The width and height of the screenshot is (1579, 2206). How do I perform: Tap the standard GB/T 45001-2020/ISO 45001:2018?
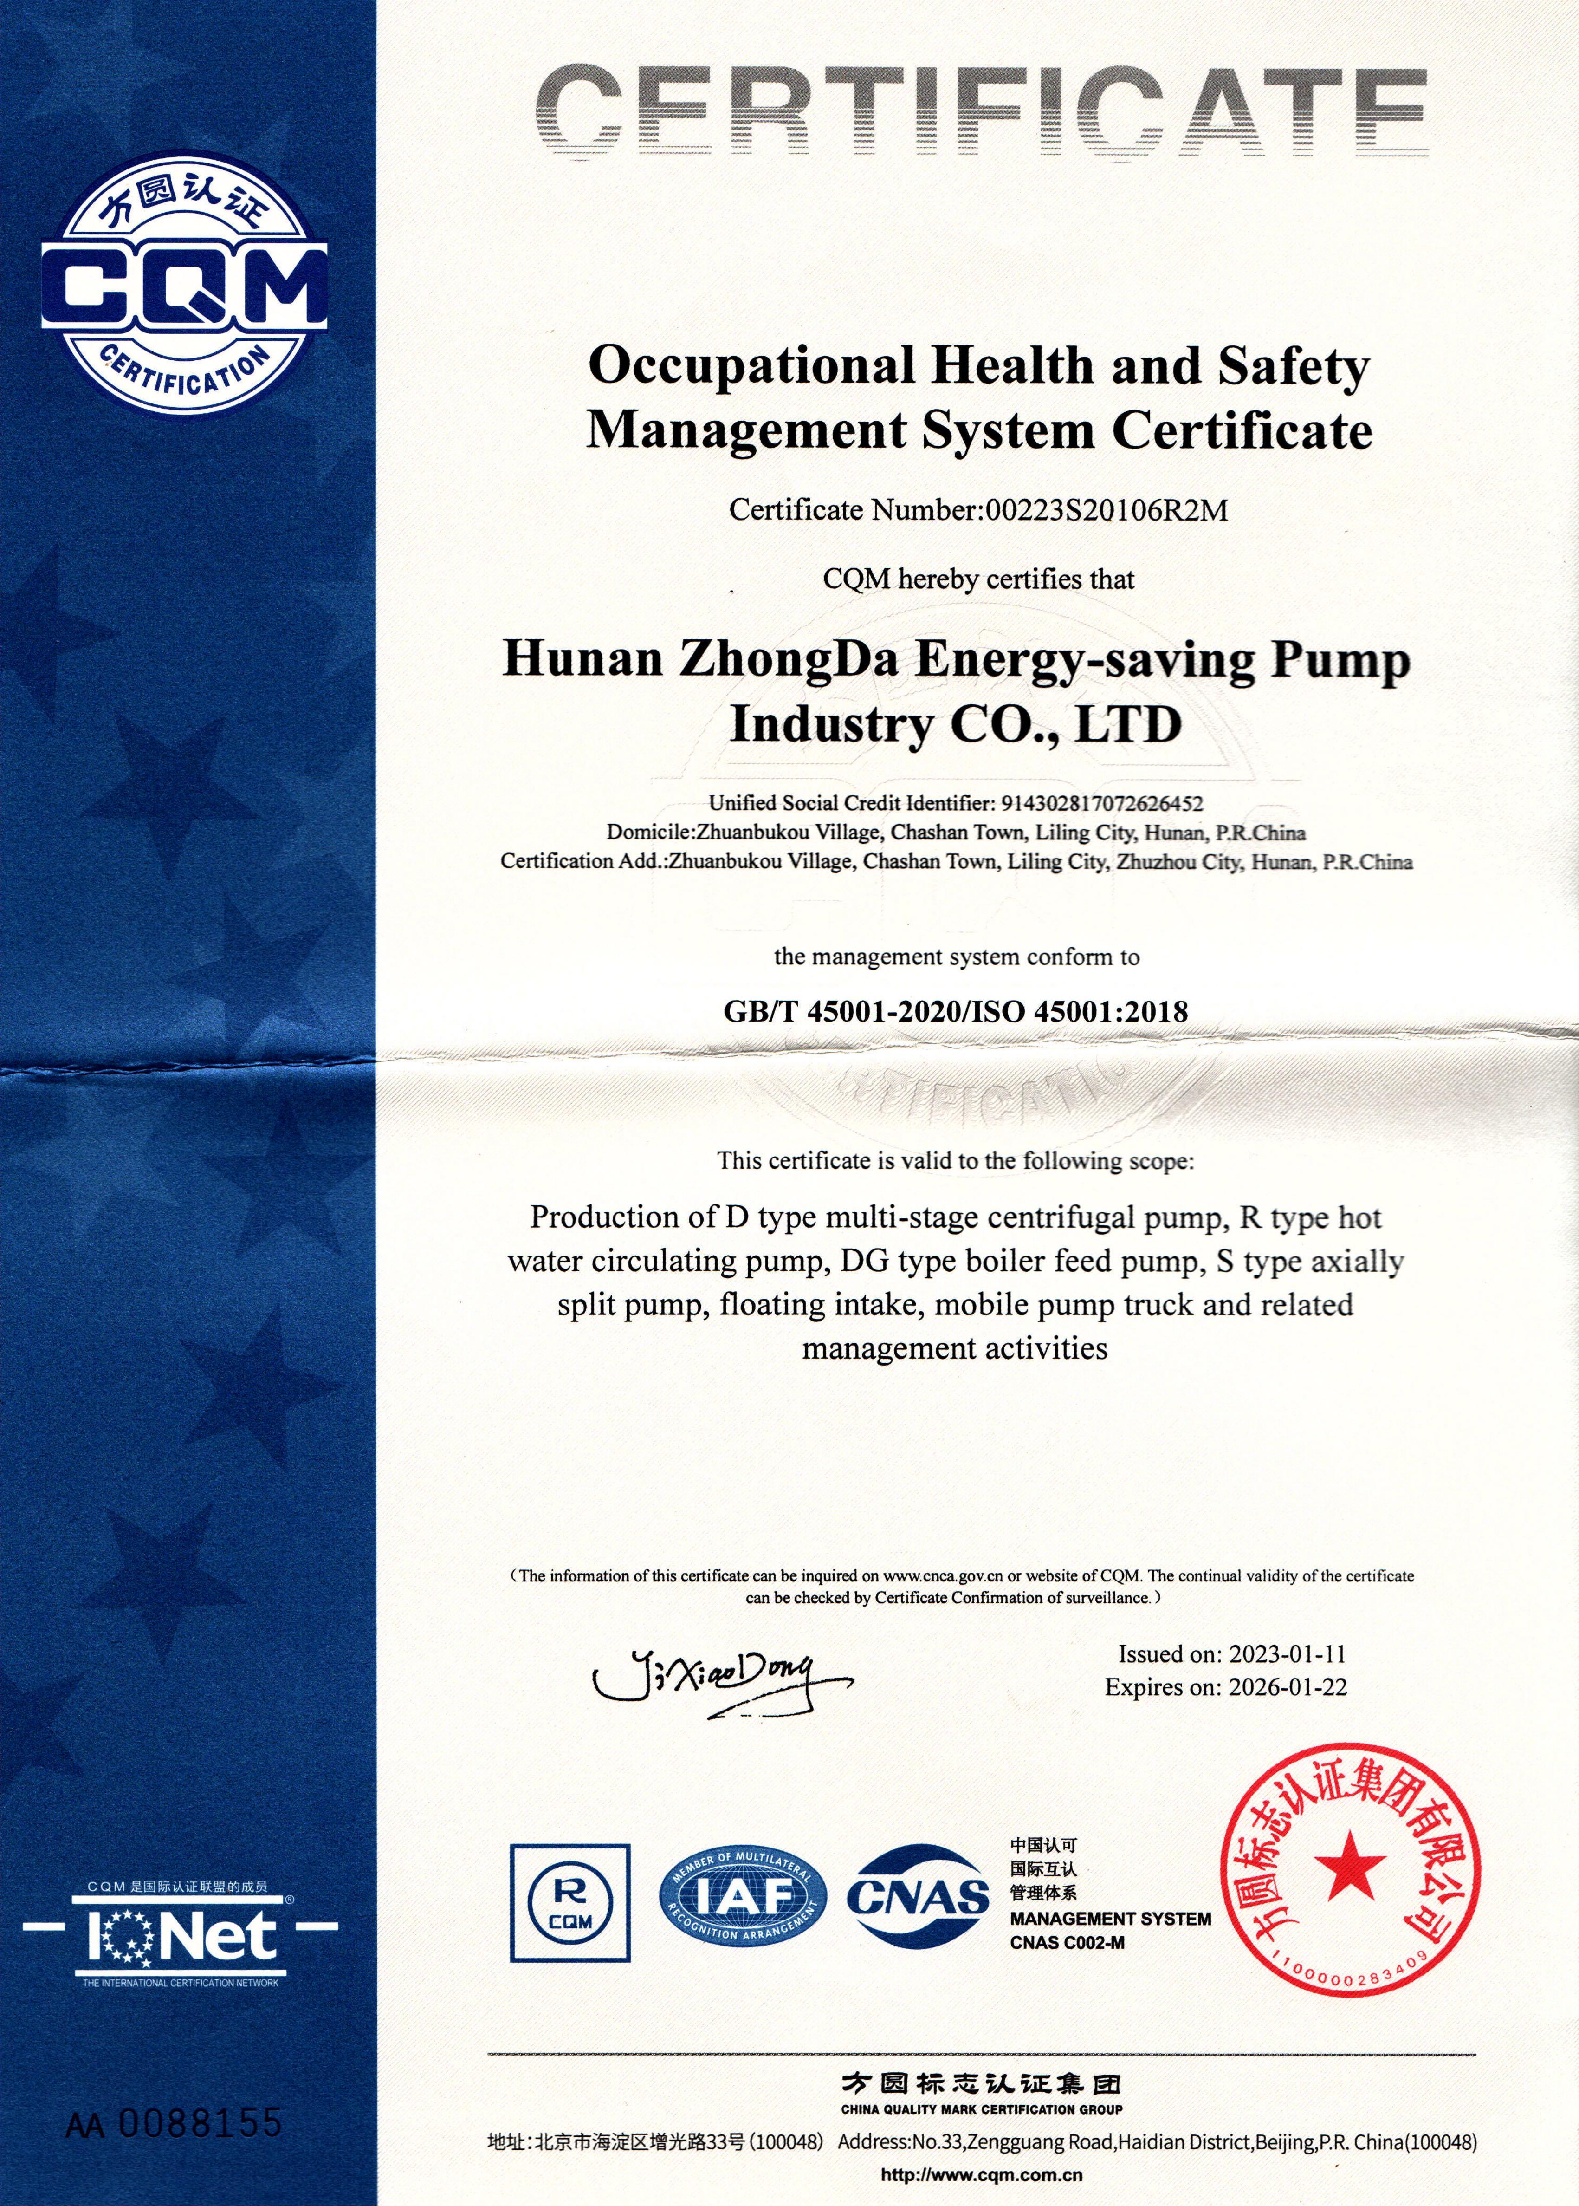[x=956, y=1012]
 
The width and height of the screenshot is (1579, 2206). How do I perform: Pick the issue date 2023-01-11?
[x=1286, y=1653]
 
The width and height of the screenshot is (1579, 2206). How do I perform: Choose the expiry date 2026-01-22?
[x=1286, y=1686]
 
